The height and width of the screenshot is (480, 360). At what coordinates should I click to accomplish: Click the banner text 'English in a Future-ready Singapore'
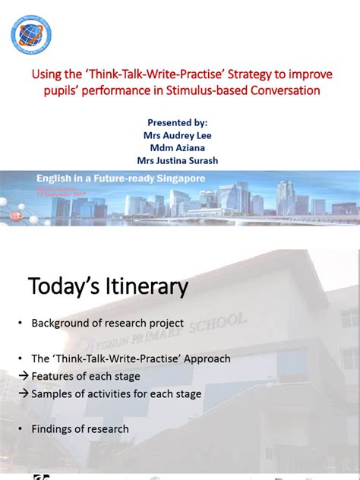(x=122, y=178)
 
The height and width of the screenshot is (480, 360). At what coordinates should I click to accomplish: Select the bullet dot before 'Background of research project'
(x=21, y=324)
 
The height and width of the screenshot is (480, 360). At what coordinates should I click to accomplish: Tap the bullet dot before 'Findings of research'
(x=21, y=429)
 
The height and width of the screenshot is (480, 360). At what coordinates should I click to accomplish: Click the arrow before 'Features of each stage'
(x=22, y=376)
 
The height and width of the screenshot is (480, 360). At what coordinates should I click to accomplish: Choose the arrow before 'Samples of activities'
(x=22, y=393)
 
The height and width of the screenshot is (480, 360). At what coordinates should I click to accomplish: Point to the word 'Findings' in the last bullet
(x=52, y=429)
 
